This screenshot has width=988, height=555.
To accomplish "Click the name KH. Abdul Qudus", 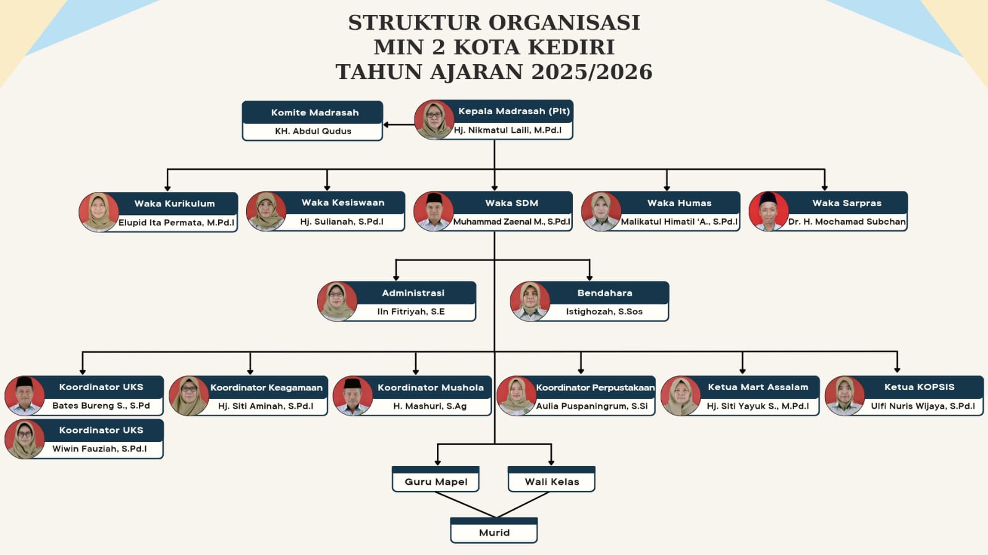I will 313,131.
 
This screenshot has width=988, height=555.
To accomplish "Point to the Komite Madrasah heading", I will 315,112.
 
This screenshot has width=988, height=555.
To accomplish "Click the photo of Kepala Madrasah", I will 434,120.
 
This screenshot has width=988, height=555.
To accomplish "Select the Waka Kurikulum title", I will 175,203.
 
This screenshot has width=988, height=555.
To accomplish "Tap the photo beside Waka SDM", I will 433,211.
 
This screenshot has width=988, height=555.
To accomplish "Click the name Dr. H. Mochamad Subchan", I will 847,222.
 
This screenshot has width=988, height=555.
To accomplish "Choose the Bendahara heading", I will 604,293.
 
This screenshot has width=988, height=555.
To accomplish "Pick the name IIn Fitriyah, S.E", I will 411,311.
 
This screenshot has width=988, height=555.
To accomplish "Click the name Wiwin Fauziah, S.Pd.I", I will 99,448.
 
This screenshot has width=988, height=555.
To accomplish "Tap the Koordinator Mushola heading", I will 431,387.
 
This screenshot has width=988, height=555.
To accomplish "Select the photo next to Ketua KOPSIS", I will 845,396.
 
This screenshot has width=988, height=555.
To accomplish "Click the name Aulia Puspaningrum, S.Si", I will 592,406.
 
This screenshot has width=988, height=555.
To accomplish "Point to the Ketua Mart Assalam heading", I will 758,387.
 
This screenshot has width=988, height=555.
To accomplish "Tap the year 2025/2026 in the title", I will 591,72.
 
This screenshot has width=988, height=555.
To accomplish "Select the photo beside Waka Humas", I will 601,211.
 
